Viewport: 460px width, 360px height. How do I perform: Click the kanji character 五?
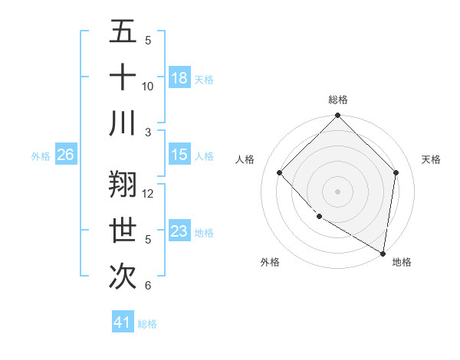(123, 31)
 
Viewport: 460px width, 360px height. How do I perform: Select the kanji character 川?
(123, 123)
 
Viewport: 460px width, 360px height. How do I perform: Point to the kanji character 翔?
(123, 185)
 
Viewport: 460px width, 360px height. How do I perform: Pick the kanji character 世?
(123, 231)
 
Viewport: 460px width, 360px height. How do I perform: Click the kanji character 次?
(123, 277)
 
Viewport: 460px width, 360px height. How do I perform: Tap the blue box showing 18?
(179, 78)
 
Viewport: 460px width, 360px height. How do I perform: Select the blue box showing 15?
(179, 155)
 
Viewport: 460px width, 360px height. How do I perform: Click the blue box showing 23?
(179, 231)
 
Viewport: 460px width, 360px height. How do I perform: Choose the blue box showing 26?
(65, 155)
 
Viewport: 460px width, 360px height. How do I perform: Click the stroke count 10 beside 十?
(148, 87)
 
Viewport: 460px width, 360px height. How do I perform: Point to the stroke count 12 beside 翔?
(148, 194)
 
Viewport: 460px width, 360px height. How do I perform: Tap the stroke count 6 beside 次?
(148, 286)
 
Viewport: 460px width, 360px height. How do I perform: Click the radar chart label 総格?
(338, 100)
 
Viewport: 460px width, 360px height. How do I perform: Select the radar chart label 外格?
(270, 263)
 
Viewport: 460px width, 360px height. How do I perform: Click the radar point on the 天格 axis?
(396, 172)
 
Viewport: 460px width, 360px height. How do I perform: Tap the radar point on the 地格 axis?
(383, 253)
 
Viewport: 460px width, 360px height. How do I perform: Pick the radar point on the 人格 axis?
(280, 172)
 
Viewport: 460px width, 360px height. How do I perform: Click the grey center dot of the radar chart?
(338, 191)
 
